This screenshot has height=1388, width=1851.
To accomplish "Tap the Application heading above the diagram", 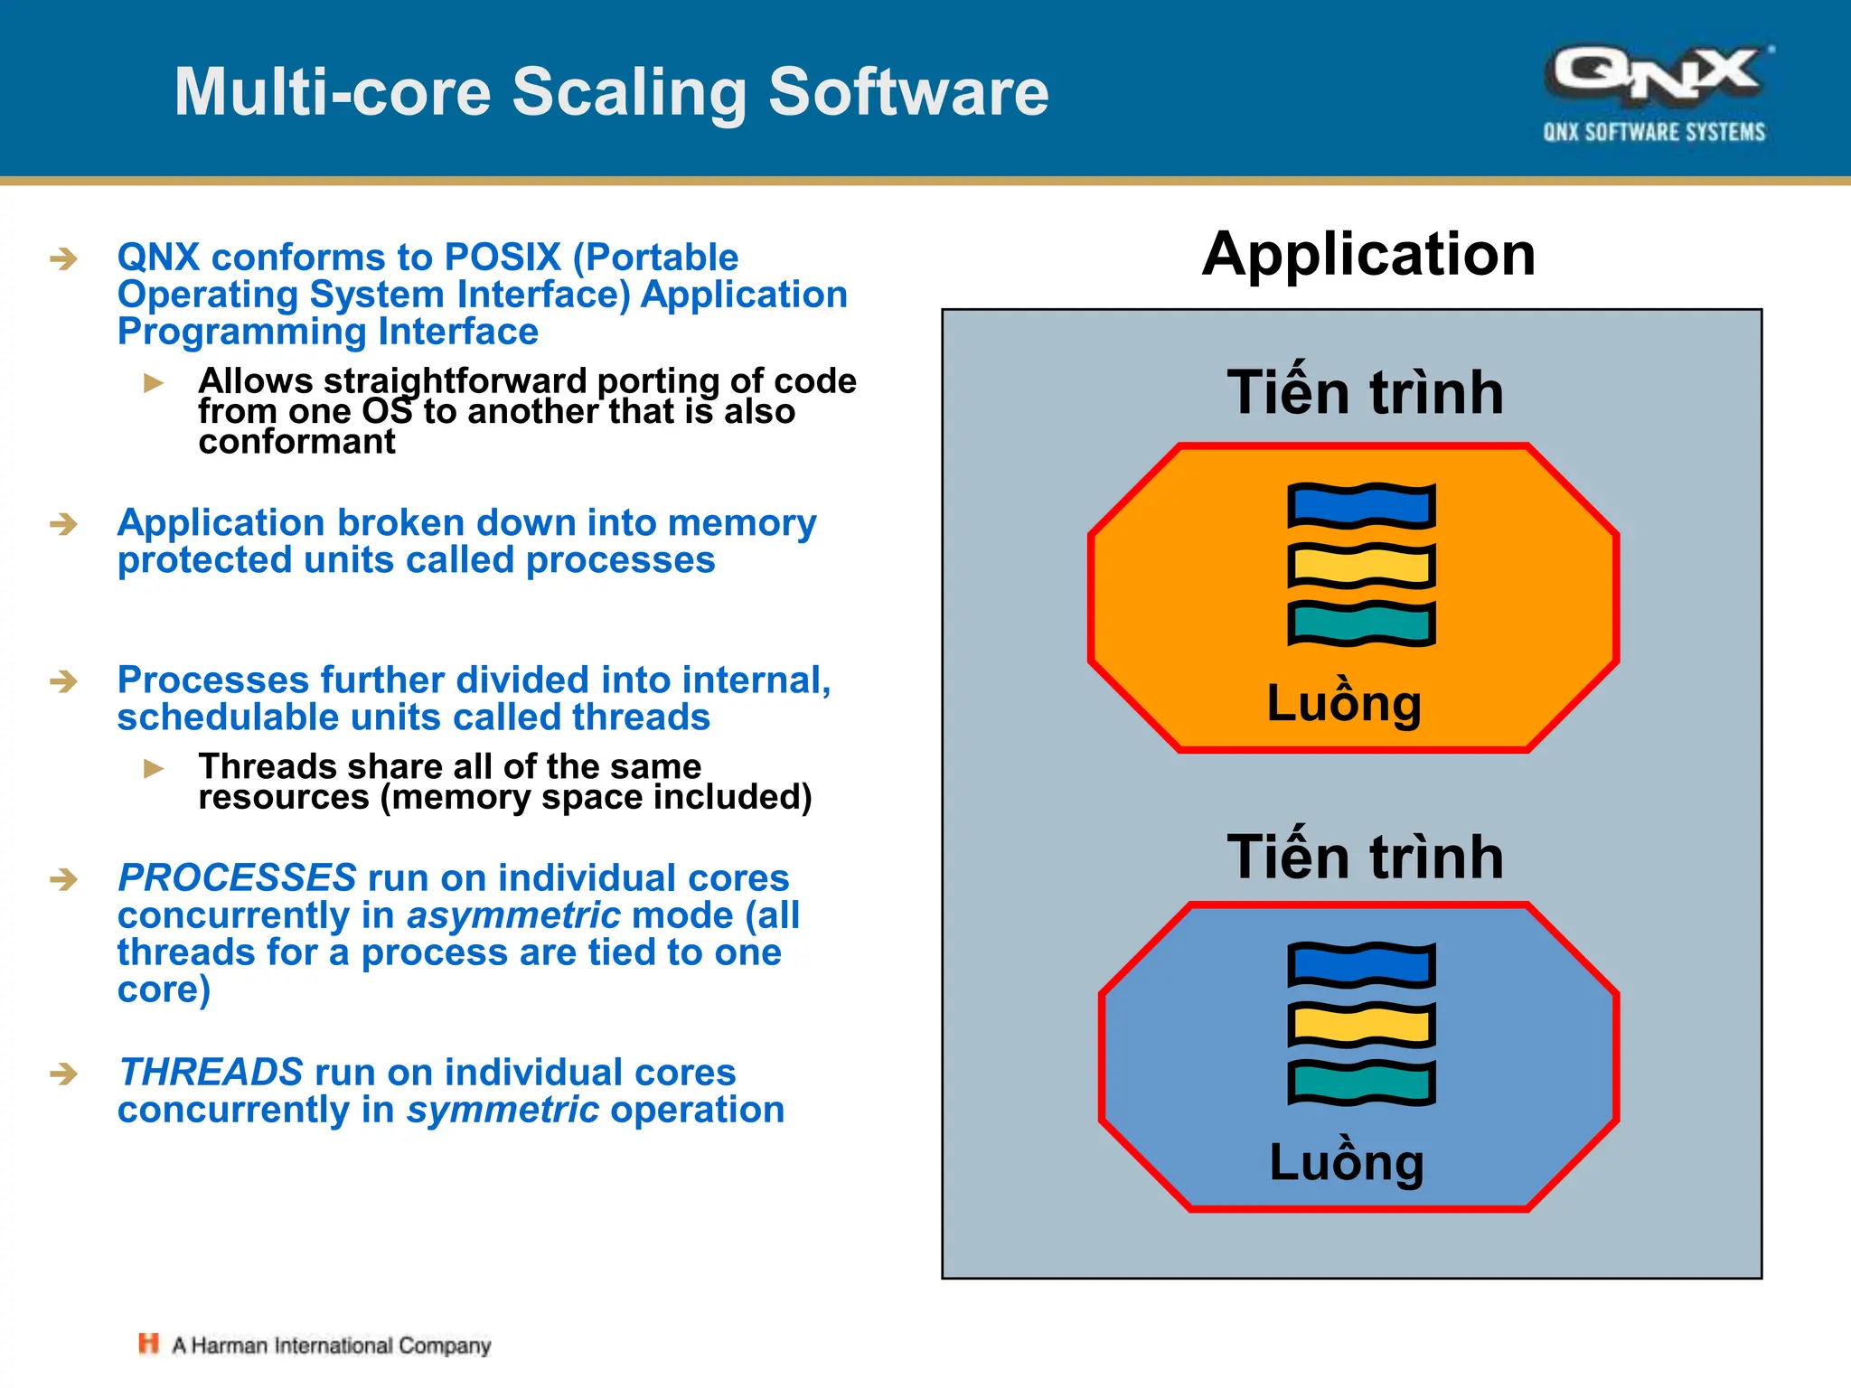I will [1368, 254].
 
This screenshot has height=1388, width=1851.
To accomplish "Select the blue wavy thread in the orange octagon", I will [1361, 506].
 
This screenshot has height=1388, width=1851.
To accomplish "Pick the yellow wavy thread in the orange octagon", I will [1361, 566].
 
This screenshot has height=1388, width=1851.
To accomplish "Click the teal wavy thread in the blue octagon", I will [1361, 1083].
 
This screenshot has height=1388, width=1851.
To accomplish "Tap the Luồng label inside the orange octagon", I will [1344, 702].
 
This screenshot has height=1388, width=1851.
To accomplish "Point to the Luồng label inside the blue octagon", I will [1347, 1161].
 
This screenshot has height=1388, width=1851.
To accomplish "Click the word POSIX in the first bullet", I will [503, 258].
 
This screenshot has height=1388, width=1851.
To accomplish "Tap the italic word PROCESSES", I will [237, 878].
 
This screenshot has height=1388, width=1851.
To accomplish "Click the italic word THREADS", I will [211, 1073].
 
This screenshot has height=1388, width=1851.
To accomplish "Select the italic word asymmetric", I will [513, 915].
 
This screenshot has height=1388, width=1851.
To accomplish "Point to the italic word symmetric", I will [503, 1110].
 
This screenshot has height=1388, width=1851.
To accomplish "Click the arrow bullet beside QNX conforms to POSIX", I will [63, 259].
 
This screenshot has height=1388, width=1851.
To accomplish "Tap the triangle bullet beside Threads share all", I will [154, 769].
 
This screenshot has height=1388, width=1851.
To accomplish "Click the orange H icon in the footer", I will [148, 1344].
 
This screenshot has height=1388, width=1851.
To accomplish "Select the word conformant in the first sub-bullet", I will [296, 442].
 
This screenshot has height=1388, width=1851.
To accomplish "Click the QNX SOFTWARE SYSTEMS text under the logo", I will [1654, 133].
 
